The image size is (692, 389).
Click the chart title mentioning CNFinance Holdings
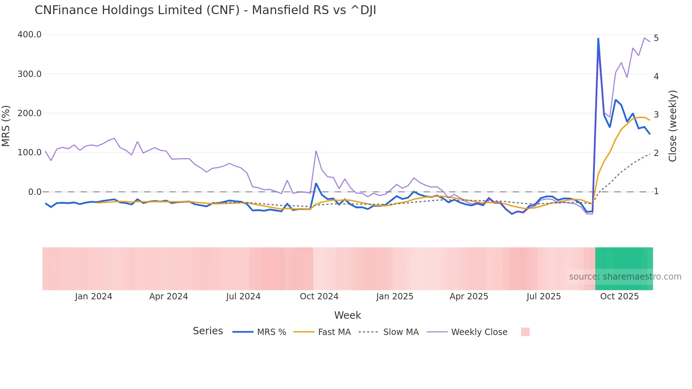pos(205,10)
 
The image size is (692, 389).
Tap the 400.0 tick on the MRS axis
pos(29,35)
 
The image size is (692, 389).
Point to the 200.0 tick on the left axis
pos(29,113)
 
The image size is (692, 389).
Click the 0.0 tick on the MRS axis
pos(35,192)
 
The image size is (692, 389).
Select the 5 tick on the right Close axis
pos(656,38)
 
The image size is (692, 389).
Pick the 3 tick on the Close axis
pos(656,115)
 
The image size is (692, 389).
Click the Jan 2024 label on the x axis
pos(94,297)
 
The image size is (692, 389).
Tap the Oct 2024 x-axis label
pos(319,297)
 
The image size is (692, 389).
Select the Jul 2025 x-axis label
pos(543,297)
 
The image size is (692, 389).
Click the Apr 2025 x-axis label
pos(469,297)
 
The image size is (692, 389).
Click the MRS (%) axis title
pos(6,126)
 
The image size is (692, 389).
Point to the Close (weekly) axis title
pos(673,126)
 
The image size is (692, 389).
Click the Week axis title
pos(347,315)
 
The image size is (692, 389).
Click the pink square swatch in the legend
pos(525,332)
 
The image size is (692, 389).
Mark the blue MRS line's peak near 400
pos(598,38)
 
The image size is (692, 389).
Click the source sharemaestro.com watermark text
pos(625,277)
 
